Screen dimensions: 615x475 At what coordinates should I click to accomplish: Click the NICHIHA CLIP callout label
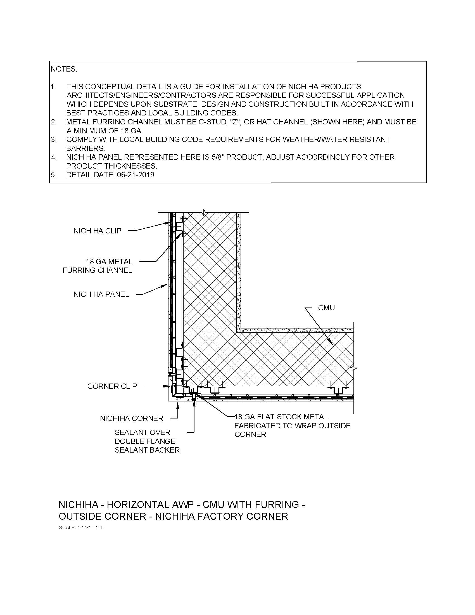[x=97, y=231]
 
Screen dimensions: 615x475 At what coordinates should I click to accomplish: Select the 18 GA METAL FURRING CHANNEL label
[x=97, y=266]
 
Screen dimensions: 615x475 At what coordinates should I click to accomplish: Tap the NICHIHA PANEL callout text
[x=101, y=294]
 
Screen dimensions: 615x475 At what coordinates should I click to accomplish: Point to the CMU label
[x=326, y=308]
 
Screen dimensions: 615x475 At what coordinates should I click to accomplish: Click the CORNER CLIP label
[x=112, y=386]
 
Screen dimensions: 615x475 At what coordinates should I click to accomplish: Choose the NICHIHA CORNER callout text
[x=131, y=418]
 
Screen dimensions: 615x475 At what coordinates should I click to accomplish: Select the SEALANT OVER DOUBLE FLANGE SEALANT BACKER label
[x=147, y=441]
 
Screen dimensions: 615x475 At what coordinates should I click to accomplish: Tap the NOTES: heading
[x=64, y=69]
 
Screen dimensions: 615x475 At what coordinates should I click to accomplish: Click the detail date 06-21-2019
[x=136, y=175]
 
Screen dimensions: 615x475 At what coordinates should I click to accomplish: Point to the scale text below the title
[x=82, y=528]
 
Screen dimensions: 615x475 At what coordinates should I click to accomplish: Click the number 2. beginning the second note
[x=54, y=122]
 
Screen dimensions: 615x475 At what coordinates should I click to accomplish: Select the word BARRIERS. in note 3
[x=85, y=148]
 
